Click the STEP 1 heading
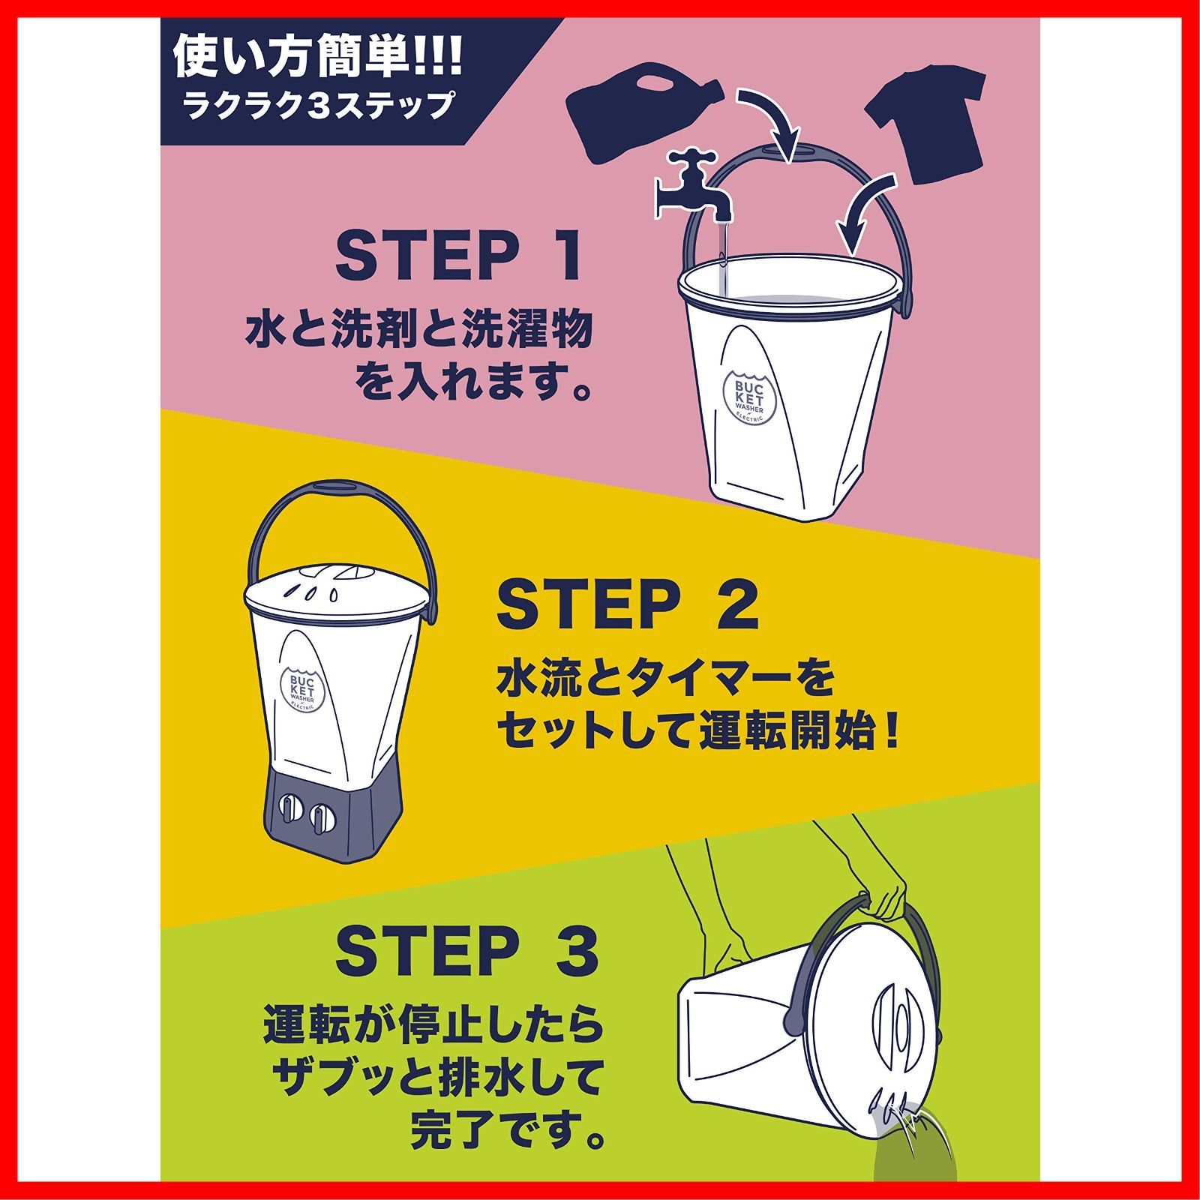coord(459,257)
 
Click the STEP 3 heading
coord(466,951)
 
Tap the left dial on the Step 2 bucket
coord(289,811)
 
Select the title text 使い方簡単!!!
coord(319,59)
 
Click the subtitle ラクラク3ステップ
coord(319,104)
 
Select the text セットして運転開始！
coord(697,732)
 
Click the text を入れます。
coord(470,384)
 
